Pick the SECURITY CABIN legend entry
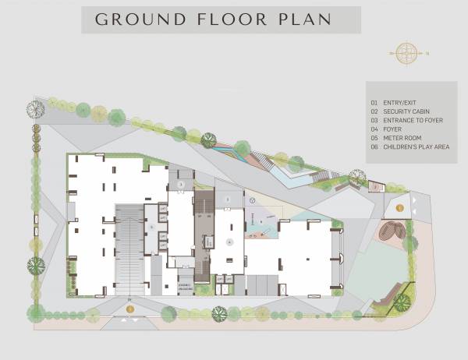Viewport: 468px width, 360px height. point(405,111)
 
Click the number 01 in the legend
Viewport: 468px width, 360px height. point(374,103)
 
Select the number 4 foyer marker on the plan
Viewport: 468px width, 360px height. point(229,242)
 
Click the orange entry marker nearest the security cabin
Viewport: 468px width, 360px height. point(399,208)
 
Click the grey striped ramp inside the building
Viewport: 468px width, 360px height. point(129,249)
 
